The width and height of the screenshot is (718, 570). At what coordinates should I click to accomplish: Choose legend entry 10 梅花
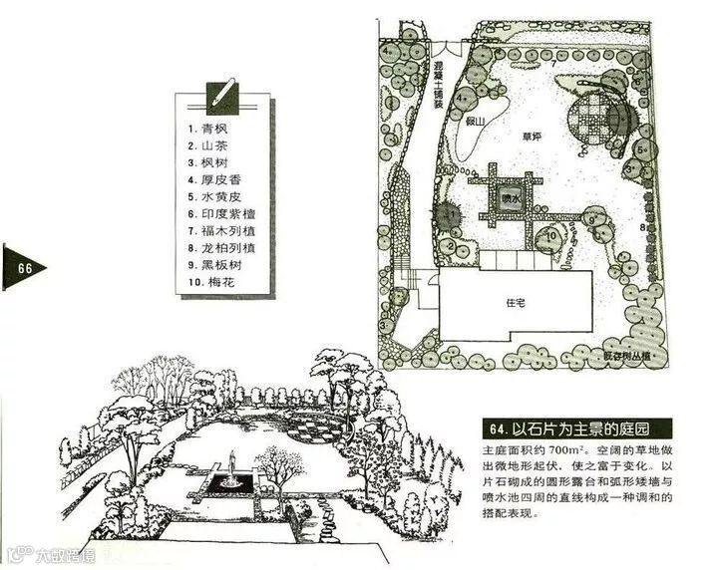point(219,283)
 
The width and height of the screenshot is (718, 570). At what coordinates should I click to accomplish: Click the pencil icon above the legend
point(222,97)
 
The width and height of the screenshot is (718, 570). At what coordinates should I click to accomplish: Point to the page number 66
point(23,267)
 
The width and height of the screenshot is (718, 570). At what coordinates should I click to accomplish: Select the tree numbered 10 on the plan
point(550,237)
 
